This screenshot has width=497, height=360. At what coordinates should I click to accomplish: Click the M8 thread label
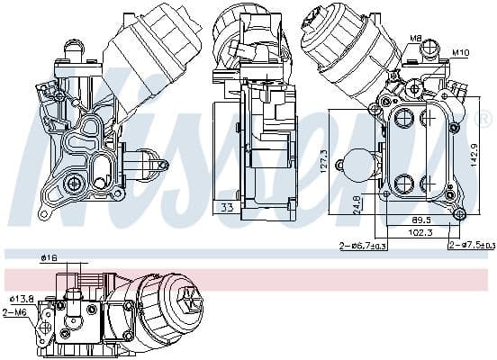point(417,38)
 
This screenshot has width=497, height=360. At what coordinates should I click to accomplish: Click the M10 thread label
point(460,51)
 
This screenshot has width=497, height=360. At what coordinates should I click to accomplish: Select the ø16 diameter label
point(49,259)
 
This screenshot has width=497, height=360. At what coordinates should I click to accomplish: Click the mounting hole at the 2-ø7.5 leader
point(459,214)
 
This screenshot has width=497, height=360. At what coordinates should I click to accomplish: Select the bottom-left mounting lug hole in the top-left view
point(42,215)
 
